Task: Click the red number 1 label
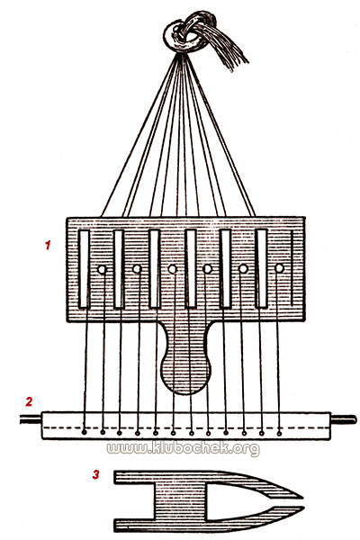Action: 48,245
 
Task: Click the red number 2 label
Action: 29,401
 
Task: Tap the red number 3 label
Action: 95,474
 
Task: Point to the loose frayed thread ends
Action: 229,51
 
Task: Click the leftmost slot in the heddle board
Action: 84,268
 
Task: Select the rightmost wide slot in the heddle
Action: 262,268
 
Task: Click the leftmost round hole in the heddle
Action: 102,269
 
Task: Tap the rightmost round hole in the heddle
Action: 279,268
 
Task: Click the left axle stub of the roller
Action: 31,419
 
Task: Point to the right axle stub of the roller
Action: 344,419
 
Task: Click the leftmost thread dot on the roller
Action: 85,433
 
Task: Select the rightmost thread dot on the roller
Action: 279,433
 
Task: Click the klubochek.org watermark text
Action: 183,449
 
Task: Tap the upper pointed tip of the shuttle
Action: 302,498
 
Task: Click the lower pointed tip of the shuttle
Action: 303,508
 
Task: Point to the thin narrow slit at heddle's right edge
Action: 292,268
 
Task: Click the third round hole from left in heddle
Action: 173,269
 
